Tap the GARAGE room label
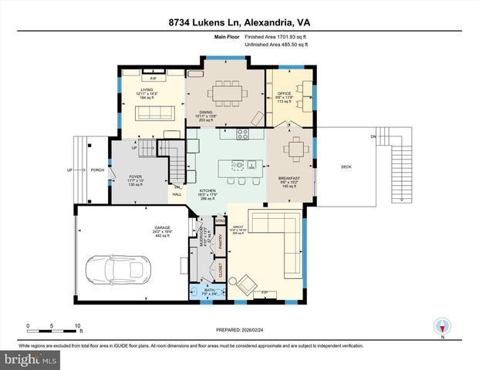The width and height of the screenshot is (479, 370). point(161,228)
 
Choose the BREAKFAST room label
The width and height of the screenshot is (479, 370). point(288,178)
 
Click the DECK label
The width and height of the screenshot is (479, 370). point(347,166)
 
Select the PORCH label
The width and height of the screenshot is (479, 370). point(97,170)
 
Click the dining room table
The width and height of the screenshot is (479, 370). point(228,92)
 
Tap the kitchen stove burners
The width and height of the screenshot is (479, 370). point(243,133)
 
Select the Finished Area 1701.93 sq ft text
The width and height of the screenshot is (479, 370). point(276,36)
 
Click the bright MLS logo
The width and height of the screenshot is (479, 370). point(29,359)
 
